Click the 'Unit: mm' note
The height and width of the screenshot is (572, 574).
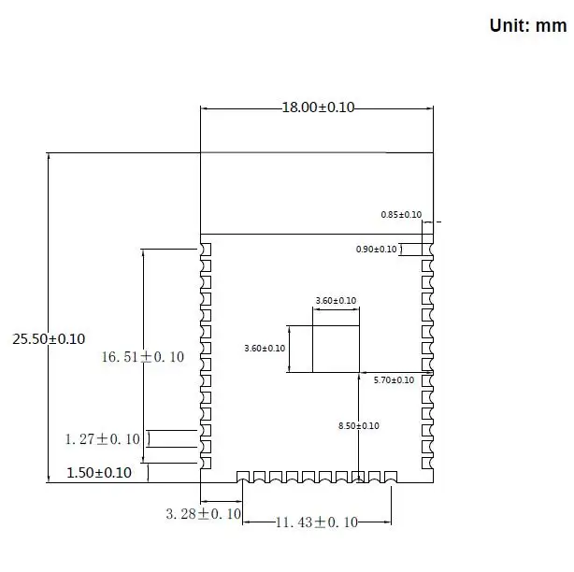pos(528,25)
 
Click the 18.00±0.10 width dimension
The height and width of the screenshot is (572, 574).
pos(318,107)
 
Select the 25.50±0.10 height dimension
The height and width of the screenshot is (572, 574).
pos(49,339)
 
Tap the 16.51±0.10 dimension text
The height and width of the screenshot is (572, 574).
pos(143,357)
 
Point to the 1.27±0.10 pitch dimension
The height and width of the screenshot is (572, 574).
pos(103,438)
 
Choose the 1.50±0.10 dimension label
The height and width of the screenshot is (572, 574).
pos(99,472)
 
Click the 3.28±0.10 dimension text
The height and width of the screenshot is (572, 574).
pos(204,514)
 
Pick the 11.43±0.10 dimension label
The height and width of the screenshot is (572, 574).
pos(317,522)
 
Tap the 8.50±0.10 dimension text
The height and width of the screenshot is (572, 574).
pos(359,426)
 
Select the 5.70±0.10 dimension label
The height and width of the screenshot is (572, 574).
pos(394,379)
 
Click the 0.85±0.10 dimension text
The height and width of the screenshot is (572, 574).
pos(401,214)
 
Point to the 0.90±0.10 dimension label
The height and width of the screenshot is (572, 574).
pos(377,250)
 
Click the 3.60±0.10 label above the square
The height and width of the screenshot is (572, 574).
pos(336,300)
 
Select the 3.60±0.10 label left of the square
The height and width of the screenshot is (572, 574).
pos(265,348)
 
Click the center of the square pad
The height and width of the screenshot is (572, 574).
pos(336,350)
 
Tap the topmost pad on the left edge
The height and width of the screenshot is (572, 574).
pos(206,250)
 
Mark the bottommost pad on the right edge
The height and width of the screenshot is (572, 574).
pos(427,463)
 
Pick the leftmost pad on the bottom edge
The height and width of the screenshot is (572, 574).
pos(243,477)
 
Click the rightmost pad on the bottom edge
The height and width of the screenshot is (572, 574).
pos(391,477)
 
